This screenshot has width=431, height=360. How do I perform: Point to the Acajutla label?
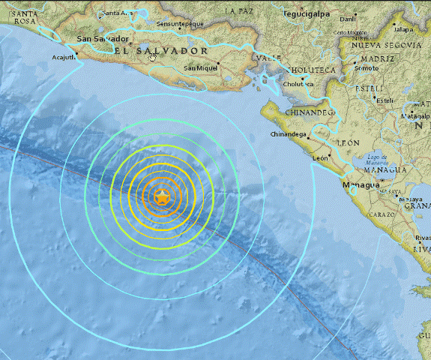(x=64, y=56)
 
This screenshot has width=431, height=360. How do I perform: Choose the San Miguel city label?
(x=201, y=69)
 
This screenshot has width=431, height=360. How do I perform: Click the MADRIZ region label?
(x=377, y=58)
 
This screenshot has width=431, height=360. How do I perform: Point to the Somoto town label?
(x=367, y=67)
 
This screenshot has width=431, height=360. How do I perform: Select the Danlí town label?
(x=348, y=19)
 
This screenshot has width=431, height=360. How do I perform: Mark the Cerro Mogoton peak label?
(x=350, y=33)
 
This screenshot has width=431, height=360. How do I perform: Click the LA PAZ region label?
(x=239, y=11)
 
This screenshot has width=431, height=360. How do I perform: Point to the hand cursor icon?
(x=153, y=55)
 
